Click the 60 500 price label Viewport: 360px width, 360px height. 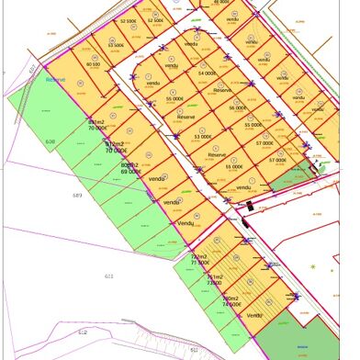(x=93, y=65)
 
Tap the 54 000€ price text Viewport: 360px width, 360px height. (x=207, y=73)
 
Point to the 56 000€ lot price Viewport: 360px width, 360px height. (x=238, y=107)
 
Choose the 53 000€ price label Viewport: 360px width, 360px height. (x=202, y=137)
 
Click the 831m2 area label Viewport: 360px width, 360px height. (x=96, y=121)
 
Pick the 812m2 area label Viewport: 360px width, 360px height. (x=114, y=144)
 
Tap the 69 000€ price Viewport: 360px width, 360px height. (x=130, y=173)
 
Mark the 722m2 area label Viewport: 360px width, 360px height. (x=198, y=256)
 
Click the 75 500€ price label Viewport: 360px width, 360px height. (x=200, y=263)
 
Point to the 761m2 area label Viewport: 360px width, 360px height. (x=214, y=277)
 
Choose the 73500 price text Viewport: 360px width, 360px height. (x=214, y=284)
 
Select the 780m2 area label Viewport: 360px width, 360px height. (x=230, y=298)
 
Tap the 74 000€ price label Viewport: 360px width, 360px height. (x=231, y=305)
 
